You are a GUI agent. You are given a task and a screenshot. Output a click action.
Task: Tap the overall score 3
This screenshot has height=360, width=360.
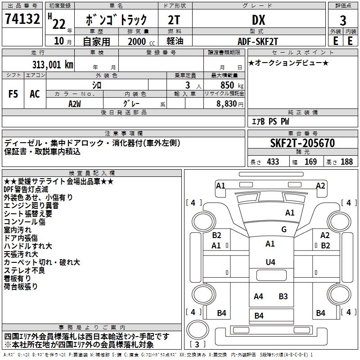pos(343,20)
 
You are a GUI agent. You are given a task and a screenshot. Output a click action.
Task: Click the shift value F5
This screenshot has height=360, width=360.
pos(13,94)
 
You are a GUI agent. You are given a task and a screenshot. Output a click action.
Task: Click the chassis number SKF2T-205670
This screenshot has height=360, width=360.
pos(302,143)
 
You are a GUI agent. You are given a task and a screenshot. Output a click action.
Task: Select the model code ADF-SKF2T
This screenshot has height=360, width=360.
pos(258,41)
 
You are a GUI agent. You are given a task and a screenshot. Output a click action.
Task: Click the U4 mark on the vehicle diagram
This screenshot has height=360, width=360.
pos(270,262)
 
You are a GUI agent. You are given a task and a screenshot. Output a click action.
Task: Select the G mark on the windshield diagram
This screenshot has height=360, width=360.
pos(283,229)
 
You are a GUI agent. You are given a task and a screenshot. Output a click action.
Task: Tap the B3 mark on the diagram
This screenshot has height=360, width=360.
pos(283,296)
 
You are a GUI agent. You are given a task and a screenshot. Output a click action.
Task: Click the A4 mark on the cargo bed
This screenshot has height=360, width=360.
pos(258,296)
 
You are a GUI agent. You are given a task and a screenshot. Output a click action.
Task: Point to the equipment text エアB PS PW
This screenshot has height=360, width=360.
pos(270,121)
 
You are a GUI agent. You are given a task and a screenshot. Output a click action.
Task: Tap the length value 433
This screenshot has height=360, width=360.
pos(273,162)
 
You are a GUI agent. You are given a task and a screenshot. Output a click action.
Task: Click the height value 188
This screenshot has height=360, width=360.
pos(346,162)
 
